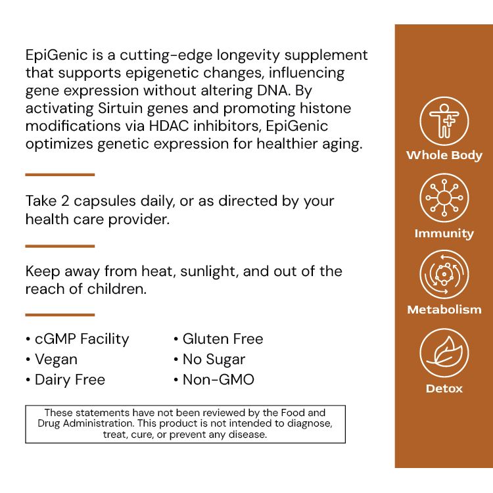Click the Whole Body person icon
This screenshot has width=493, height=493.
(444, 122)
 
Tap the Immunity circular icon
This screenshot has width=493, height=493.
(444, 198)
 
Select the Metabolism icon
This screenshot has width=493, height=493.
(444, 275)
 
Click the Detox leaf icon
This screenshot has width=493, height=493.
(444, 353)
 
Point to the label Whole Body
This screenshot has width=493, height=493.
(444, 156)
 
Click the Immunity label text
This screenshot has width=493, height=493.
(444, 233)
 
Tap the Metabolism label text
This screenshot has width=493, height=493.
(444, 310)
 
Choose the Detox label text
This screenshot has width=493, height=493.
(444, 388)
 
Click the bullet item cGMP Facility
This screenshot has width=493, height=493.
(82, 339)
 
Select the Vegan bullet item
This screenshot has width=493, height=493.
(56, 360)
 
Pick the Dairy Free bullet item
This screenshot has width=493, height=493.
(70, 380)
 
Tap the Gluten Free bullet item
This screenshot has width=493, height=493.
(222, 339)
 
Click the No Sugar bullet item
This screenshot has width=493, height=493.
(214, 360)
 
